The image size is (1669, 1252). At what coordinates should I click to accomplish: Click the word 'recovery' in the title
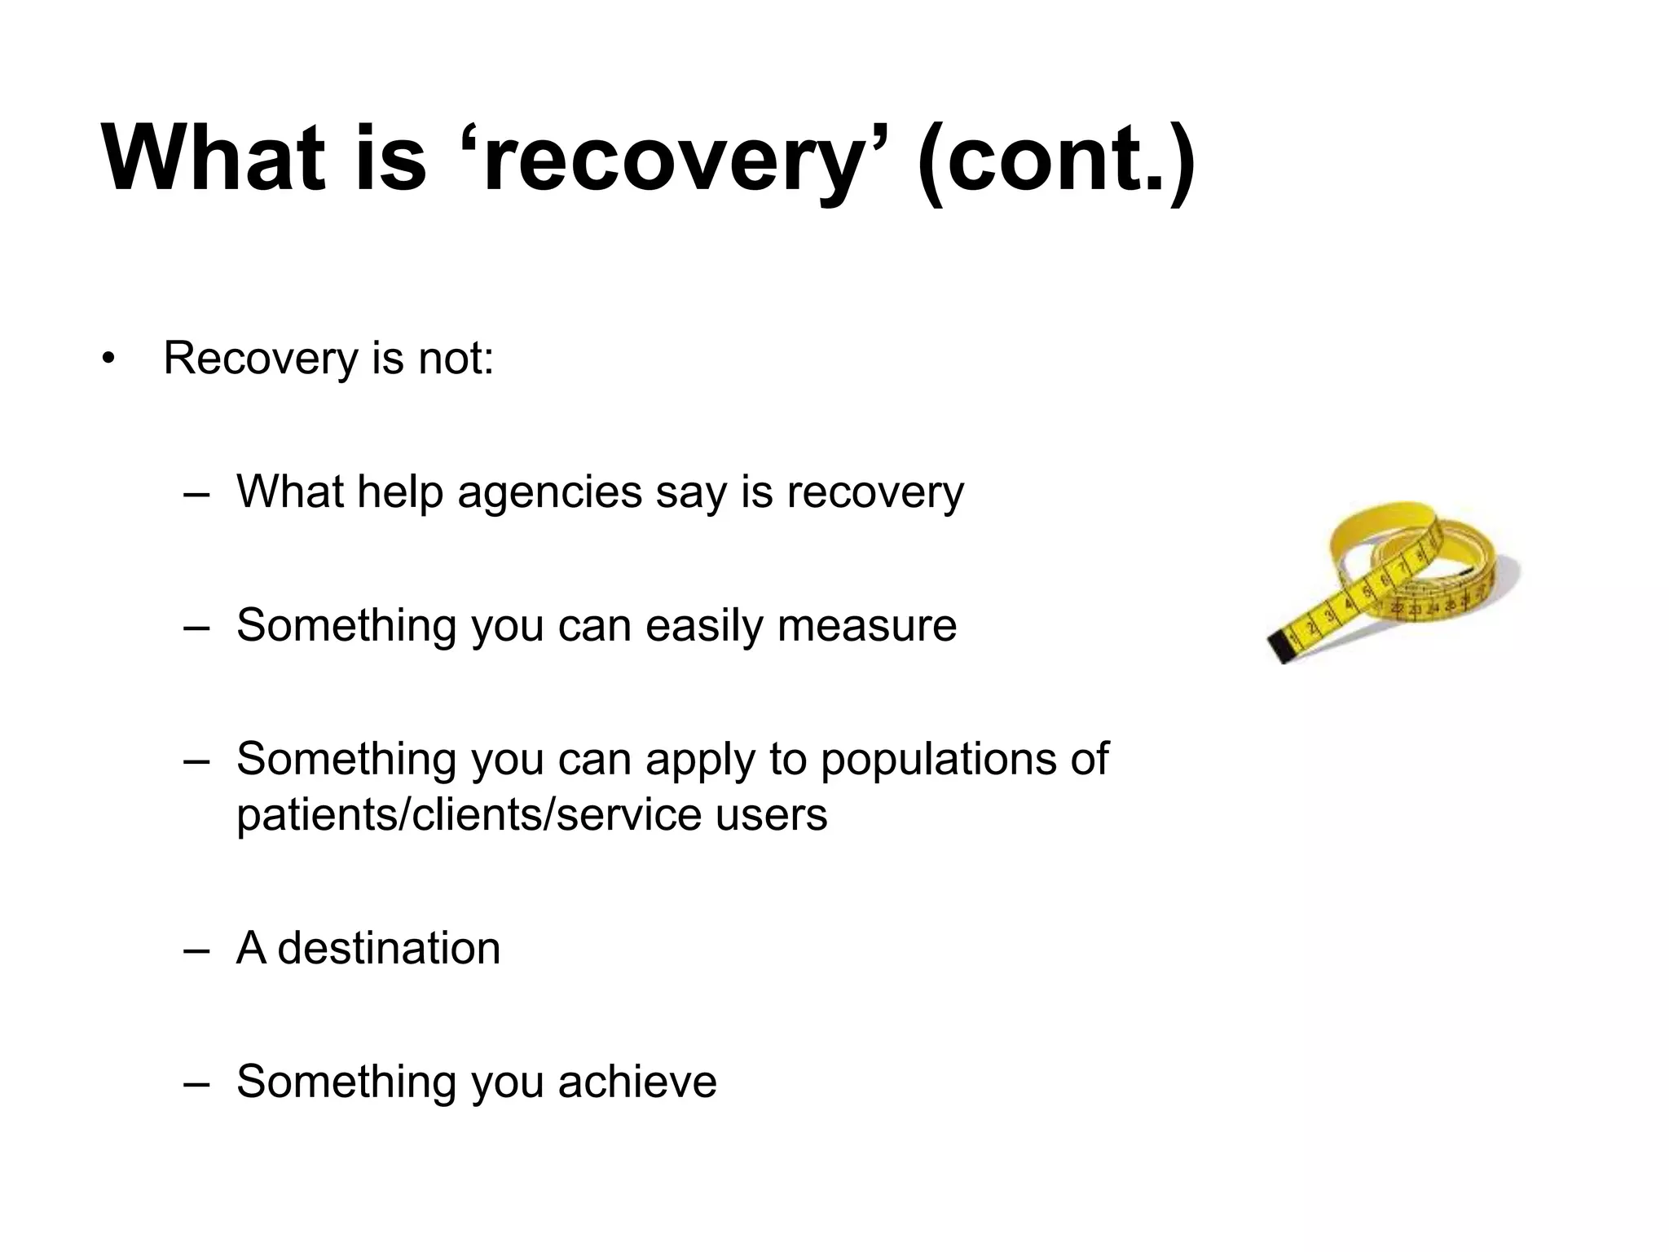(x=672, y=159)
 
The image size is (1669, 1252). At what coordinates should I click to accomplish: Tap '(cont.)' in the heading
(x=1055, y=159)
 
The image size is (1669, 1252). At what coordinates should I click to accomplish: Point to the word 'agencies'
(x=549, y=492)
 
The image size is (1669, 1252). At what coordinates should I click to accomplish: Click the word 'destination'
(x=389, y=948)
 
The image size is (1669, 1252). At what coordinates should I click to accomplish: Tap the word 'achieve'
(x=637, y=1082)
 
